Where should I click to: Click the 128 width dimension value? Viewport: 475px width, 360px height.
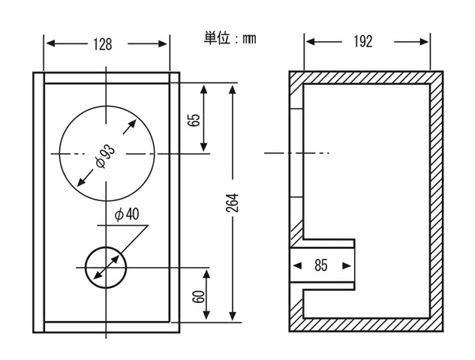[102, 44]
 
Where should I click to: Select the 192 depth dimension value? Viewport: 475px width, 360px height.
[363, 42]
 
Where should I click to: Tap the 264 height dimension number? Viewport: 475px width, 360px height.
[233, 202]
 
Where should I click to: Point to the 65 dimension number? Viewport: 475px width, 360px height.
[194, 120]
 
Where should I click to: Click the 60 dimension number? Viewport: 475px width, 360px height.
[198, 296]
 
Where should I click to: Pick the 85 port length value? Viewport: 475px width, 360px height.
[321, 265]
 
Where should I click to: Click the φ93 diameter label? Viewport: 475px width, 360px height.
[105, 157]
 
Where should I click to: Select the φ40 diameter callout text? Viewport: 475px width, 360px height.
[127, 214]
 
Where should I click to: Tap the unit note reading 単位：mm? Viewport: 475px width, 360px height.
[230, 38]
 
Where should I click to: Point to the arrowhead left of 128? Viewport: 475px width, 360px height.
[50, 43]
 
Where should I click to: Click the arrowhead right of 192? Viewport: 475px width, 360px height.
[424, 42]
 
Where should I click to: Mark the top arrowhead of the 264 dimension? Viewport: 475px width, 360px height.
[233, 90]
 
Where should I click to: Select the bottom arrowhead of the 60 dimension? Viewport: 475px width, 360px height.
[206, 315]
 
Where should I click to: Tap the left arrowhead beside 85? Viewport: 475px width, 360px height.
[297, 265]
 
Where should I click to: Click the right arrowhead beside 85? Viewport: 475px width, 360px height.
[347, 265]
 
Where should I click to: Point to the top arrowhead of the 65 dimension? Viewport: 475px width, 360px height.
[204, 90]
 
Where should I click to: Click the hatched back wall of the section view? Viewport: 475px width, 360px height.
[437, 201]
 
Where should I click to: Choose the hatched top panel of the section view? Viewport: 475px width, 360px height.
[366, 77]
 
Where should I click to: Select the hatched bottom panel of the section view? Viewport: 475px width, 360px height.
[366, 325]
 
